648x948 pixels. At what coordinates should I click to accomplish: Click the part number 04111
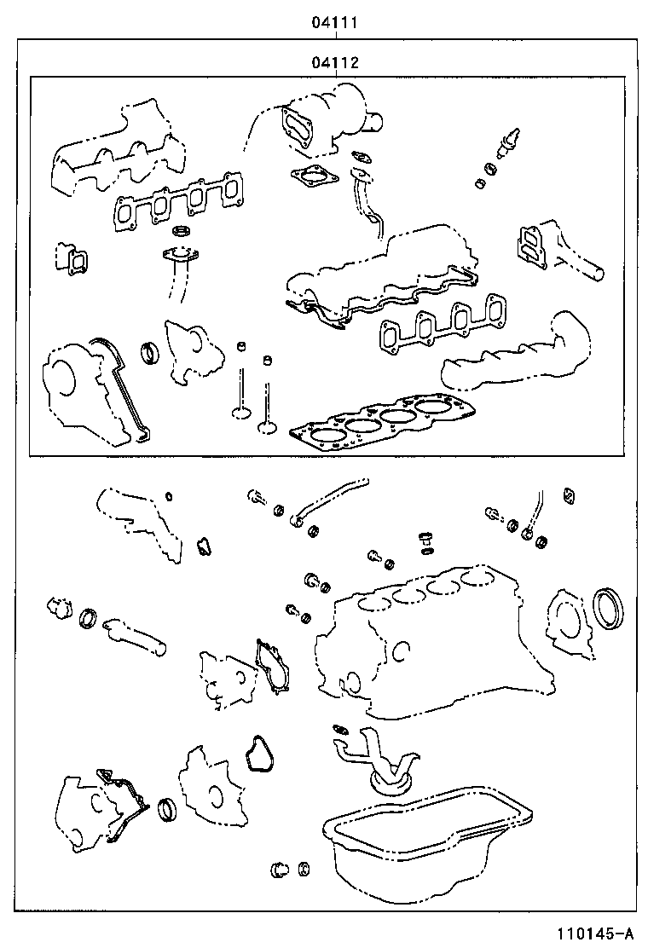point(333,25)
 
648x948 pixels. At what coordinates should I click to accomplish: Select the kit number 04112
point(333,63)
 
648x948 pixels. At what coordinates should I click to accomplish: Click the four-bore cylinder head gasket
point(385,423)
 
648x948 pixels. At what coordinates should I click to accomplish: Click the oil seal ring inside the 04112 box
point(150,350)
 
